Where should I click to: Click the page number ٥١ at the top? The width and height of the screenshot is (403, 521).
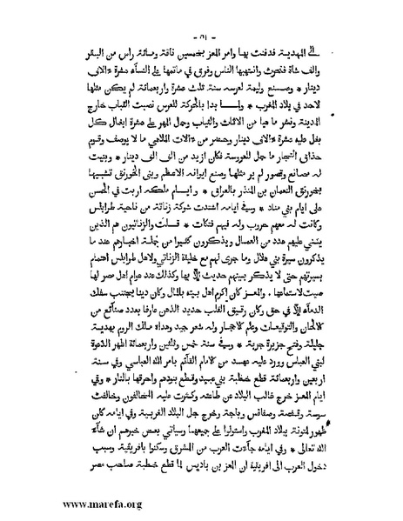click(x=201, y=18)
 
